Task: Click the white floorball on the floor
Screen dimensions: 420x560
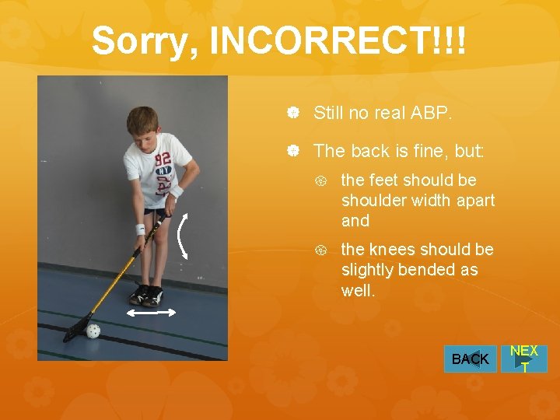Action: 93,331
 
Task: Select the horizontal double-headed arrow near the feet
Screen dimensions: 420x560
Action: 152,312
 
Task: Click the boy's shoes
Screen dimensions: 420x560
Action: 147,296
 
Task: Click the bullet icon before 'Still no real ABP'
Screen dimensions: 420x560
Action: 294,114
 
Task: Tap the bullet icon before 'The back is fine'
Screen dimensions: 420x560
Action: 294,152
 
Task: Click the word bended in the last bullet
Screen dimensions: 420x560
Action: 431,270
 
